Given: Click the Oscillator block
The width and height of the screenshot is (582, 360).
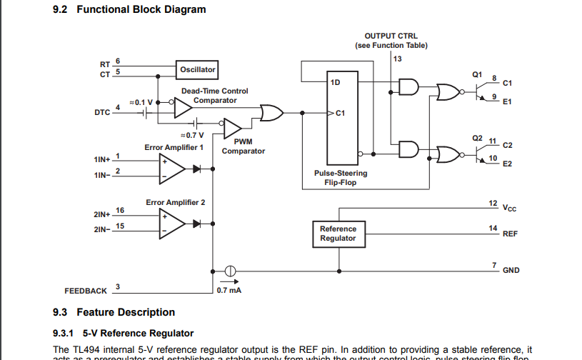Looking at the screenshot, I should pyautogui.click(x=198, y=70).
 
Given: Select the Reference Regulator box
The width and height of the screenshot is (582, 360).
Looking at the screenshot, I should pyautogui.click(x=338, y=234).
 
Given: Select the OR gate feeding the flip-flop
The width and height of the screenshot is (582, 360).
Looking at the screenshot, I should pyautogui.click(x=271, y=113).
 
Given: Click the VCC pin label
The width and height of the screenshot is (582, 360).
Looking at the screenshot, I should pyautogui.click(x=509, y=209).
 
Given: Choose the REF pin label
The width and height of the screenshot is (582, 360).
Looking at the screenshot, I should pyautogui.click(x=510, y=234).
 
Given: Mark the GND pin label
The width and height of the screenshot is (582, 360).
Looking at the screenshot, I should pyautogui.click(x=511, y=271).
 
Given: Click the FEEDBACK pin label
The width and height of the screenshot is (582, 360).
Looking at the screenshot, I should pyautogui.click(x=86, y=291).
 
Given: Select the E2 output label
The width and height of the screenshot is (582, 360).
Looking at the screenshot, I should pyautogui.click(x=507, y=164).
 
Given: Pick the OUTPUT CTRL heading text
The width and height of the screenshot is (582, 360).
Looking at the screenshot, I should pyautogui.click(x=391, y=36).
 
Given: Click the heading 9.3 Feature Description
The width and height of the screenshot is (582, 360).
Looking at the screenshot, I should pyautogui.click(x=114, y=312).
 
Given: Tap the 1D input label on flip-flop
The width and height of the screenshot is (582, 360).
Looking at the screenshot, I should pyautogui.click(x=336, y=82).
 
